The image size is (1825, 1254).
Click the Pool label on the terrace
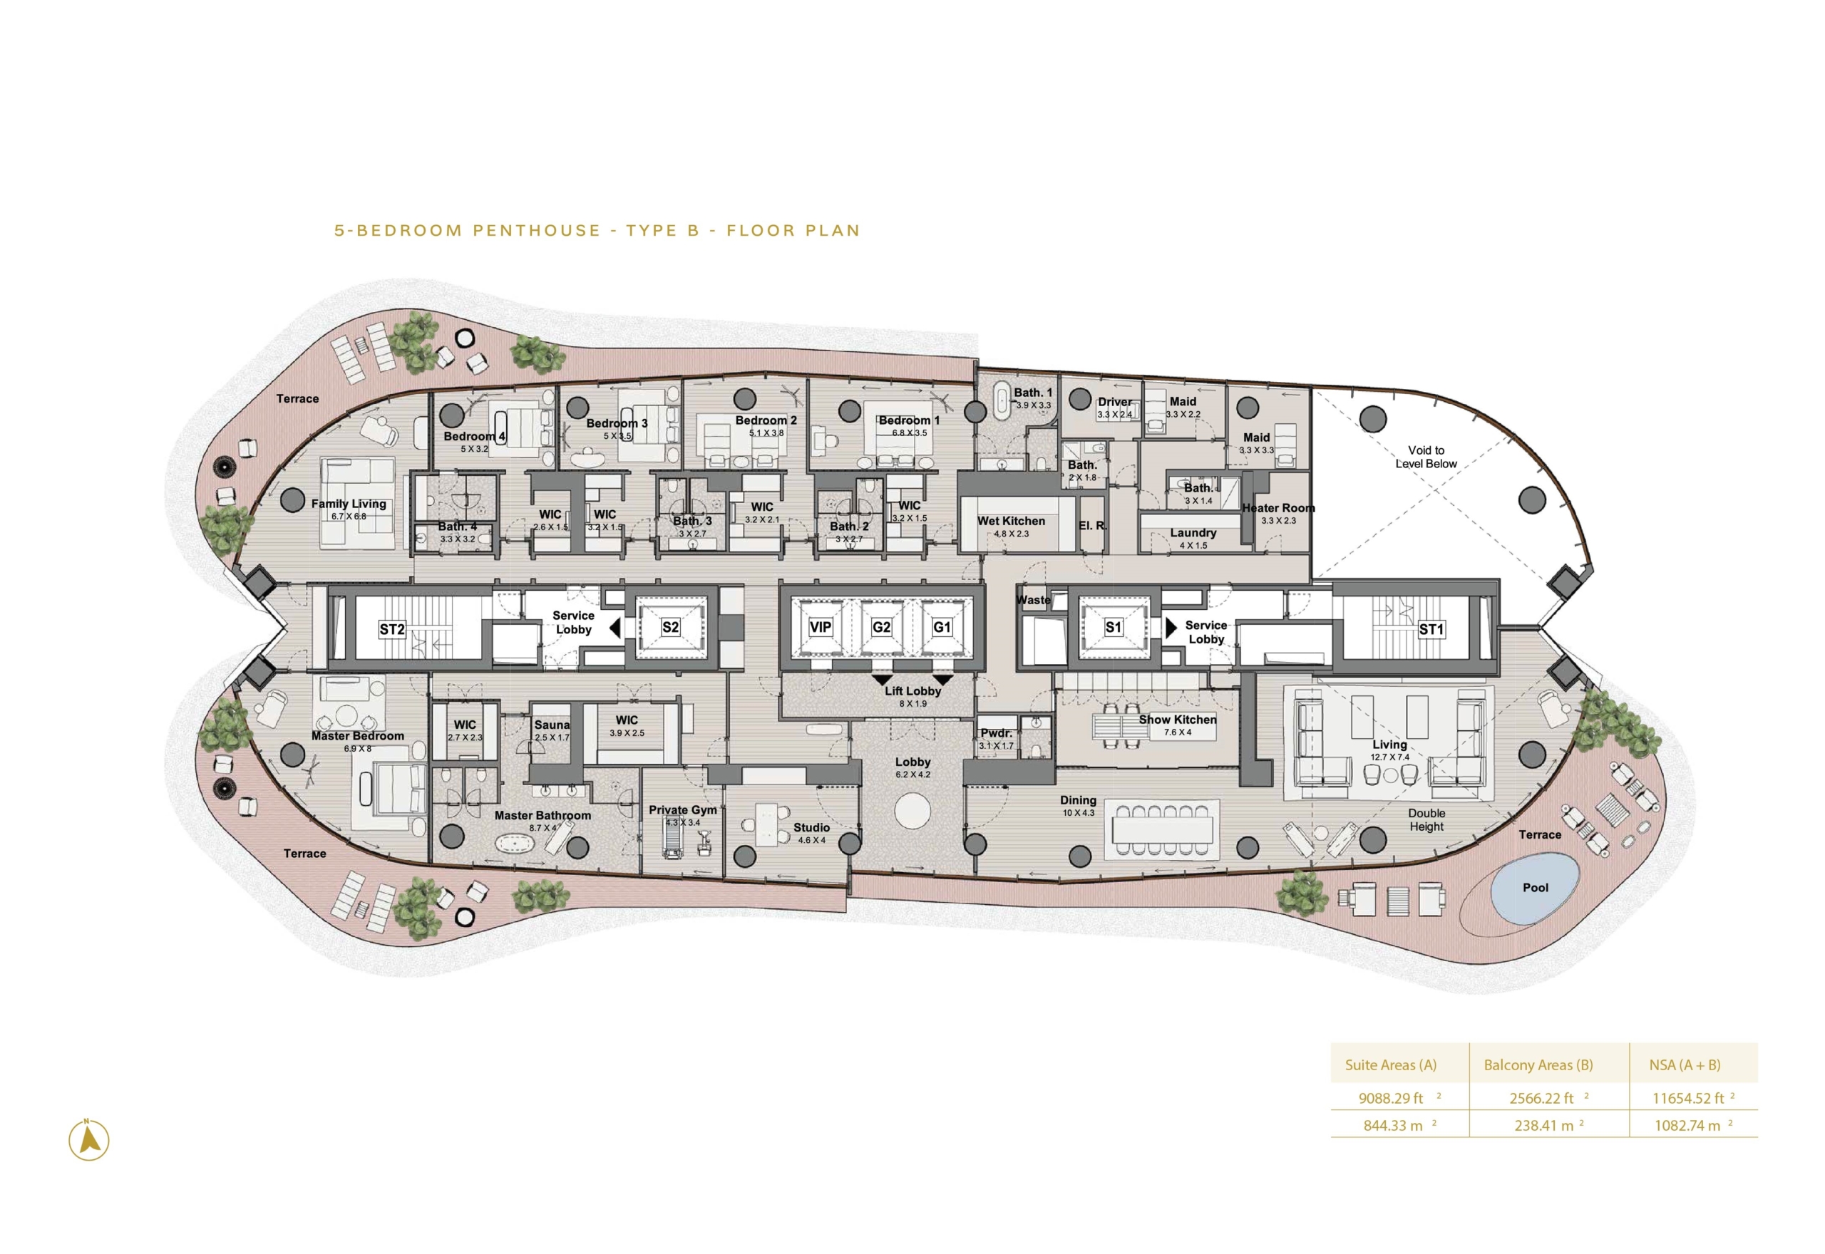[1534, 887]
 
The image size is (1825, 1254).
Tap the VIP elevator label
[820, 627]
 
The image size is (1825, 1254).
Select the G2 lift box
[881, 627]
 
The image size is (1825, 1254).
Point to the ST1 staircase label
[1431, 629]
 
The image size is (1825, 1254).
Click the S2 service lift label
[669, 627]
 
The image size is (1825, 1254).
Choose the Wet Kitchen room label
[1011, 521]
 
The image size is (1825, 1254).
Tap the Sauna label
[552, 725]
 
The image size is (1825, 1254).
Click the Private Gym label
[682, 810]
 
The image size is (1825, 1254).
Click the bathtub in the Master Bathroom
[515, 844]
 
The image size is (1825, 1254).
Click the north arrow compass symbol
[89, 1140]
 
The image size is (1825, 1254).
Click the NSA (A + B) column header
[1685, 1065]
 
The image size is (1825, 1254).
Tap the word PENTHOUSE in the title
[537, 230]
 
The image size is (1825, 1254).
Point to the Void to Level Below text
[1426, 457]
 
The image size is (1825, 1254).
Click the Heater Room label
[1278, 508]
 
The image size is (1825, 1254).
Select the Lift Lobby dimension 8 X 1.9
[912, 704]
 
